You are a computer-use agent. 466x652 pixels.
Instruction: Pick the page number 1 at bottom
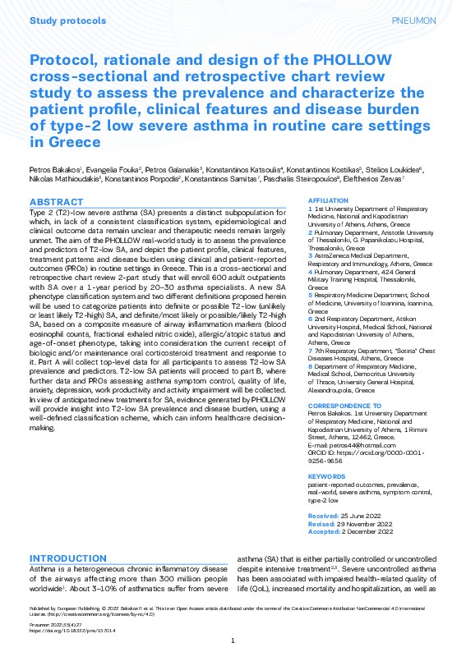[233, 641]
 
